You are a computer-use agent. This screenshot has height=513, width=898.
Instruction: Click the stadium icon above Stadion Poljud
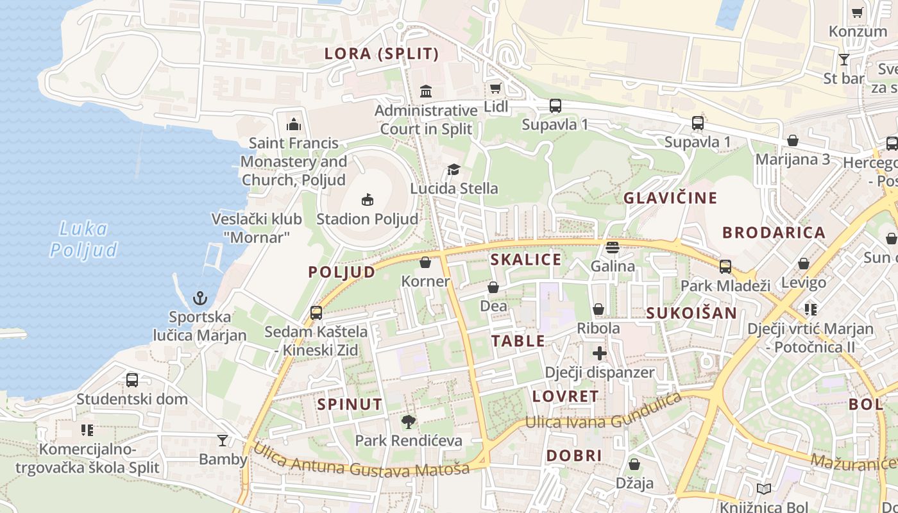[368, 200]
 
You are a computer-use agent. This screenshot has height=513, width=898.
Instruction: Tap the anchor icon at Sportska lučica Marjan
[201, 298]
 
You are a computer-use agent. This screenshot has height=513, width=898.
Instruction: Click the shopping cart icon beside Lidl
[495, 88]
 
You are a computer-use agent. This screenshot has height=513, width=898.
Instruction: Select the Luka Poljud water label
[84, 239]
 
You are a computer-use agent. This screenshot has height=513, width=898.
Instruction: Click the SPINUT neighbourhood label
[350, 405]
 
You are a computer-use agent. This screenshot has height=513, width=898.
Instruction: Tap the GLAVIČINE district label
[670, 198]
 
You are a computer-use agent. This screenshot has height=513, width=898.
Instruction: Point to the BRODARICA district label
[774, 233]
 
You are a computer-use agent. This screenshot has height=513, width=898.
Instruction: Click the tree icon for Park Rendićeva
[408, 421]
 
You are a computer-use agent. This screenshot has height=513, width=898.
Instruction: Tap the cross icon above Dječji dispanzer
[599, 353]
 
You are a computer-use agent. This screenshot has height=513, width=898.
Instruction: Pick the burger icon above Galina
[613, 248]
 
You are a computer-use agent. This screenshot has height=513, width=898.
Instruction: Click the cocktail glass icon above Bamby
[223, 441]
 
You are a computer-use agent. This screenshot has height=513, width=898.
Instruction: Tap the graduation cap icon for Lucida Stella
[453, 170]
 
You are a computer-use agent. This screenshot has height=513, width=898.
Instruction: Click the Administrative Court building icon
[426, 92]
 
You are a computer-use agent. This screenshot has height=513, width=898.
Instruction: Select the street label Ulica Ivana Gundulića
[603, 414]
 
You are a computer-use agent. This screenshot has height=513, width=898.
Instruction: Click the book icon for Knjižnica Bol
[763, 489]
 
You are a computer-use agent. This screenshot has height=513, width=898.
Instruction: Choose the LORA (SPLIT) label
[382, 54]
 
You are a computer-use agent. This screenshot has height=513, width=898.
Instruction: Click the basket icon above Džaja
[634, 464]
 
